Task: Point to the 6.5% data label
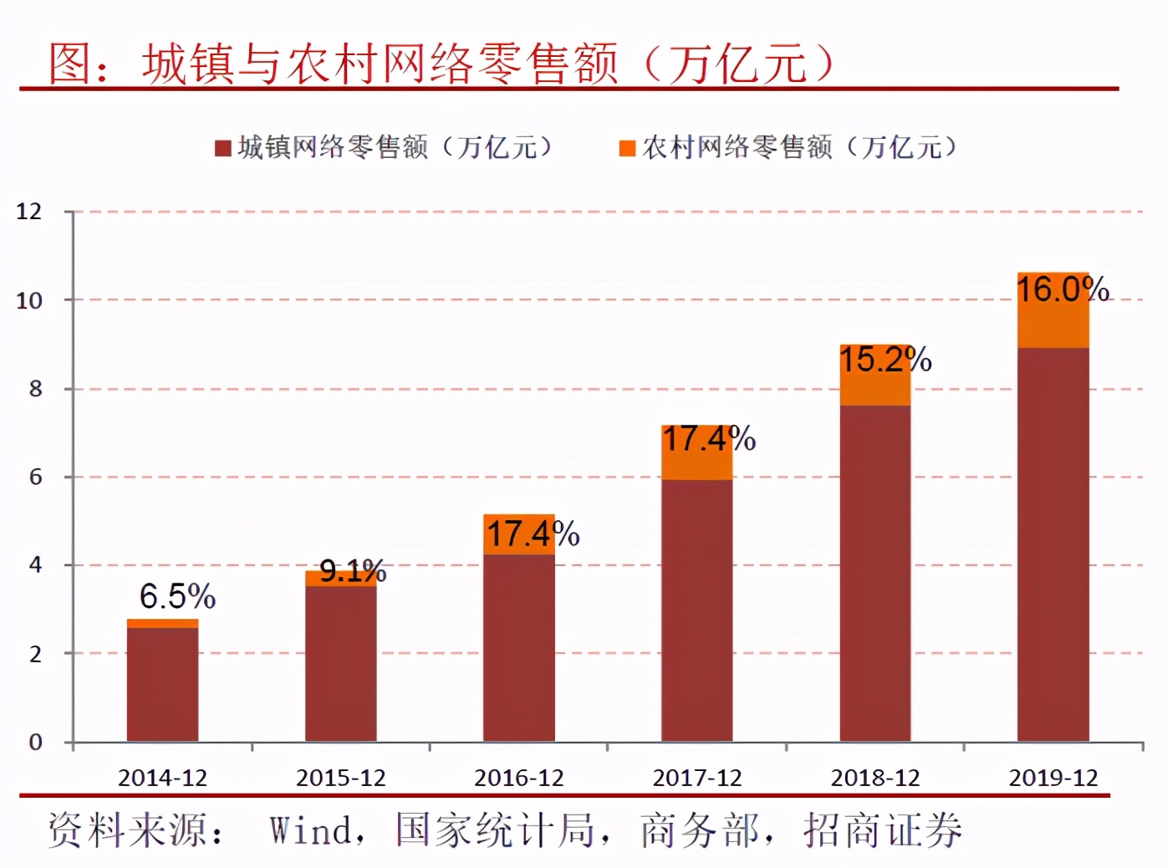177,597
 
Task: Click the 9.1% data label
353,572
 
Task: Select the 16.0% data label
1063,289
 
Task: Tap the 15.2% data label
885,360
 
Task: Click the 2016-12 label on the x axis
519,778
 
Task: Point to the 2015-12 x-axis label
341,778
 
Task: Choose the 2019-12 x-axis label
1053,778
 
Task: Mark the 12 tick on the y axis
29,212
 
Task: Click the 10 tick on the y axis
29,300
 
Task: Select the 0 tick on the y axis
35,742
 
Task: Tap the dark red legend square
222,149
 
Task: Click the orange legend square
627,149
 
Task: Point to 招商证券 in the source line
883,830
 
